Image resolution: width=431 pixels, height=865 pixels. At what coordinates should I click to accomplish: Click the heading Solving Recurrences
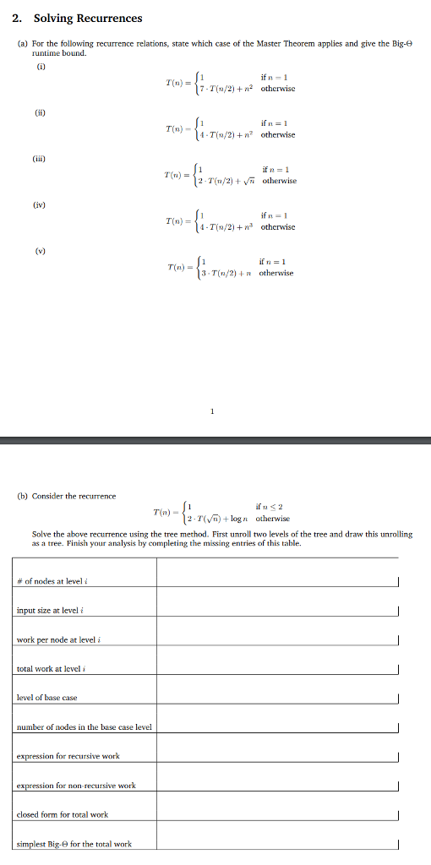[88, 18]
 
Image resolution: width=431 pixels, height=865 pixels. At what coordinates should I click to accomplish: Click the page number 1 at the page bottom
[212, 411]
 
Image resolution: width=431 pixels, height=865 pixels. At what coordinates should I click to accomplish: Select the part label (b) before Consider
[23, 496]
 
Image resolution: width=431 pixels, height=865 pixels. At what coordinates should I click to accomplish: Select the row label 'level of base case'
[47, 697]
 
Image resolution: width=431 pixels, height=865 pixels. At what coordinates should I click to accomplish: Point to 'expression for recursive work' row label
[68, 756]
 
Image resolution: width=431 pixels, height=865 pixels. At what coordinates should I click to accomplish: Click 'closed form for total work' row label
[63, 814]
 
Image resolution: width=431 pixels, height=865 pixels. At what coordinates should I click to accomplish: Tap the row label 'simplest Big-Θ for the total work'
[74, 843]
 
